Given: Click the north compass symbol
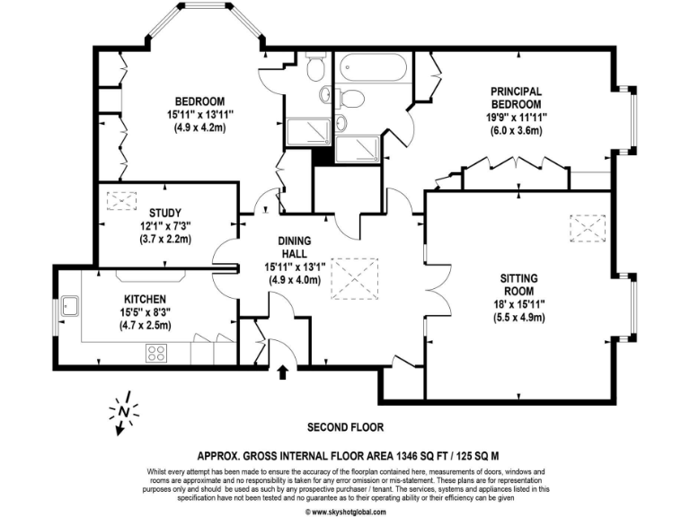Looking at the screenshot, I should click(123, 412).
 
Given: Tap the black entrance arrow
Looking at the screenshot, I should click(286, 370).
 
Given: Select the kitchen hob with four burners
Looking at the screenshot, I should click(158, 353).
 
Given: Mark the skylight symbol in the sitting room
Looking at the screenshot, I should click(590, 228).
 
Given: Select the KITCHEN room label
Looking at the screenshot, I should click(145, 298).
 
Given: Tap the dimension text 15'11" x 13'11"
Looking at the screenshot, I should click(199, 114).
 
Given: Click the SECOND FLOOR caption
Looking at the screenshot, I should click(345, 426).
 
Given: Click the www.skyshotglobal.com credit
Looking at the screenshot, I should click(349, 512).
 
